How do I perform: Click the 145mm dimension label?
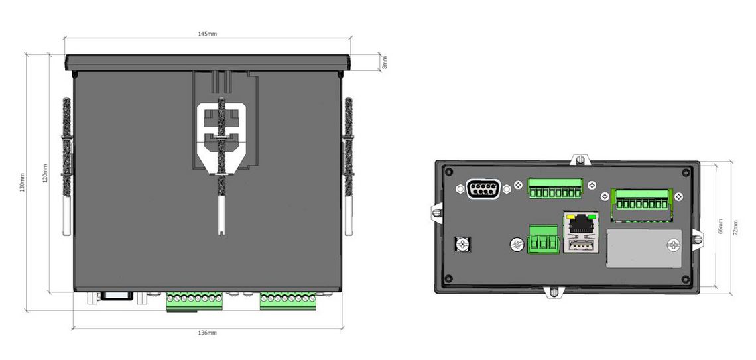208,34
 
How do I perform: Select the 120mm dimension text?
45,174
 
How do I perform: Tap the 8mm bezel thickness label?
384,62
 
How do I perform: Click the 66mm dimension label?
721,225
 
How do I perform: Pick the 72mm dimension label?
735,225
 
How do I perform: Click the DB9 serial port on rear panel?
482,189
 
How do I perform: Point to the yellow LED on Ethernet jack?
568,215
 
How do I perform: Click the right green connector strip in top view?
288,301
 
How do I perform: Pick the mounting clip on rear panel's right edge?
698,239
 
